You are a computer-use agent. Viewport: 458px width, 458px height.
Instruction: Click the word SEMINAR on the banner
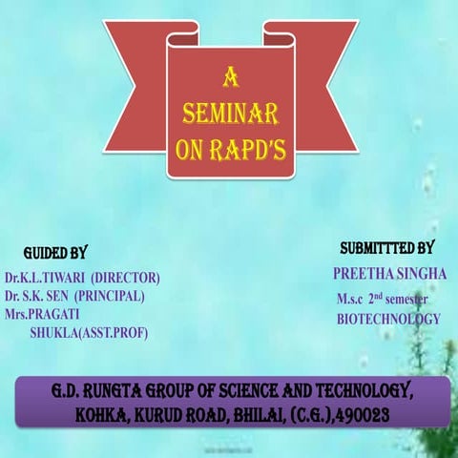230,115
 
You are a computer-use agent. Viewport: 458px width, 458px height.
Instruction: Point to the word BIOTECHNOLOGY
388,320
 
